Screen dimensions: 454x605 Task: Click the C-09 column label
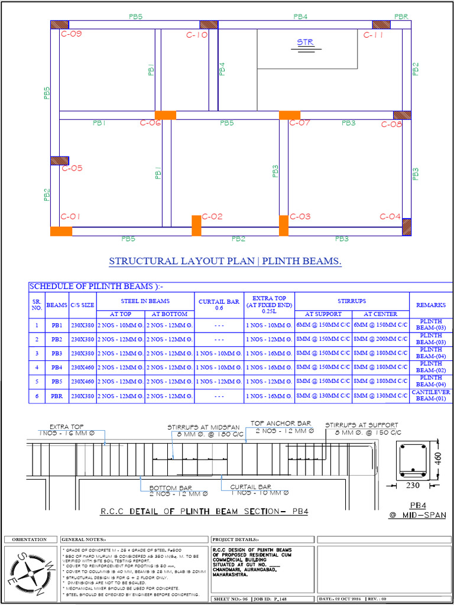(x=72, y=34)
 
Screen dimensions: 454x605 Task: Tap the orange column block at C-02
(x=196, y=226)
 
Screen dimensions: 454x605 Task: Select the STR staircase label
(x=305, y=43)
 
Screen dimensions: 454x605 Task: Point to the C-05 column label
(x=72, y=168)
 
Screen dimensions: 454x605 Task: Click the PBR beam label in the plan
(x=402, y=17)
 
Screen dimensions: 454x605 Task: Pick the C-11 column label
(x=374, y=35)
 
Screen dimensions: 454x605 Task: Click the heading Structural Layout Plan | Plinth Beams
(x=225, y=261)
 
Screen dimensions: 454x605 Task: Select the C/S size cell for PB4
(x=83, y=367)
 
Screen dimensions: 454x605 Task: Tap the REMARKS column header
(x=431, y=305)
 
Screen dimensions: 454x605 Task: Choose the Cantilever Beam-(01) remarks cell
(x=431, y=396)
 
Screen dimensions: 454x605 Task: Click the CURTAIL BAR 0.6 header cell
(x=219, y=305)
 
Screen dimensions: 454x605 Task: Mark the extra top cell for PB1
(x=269, y=326)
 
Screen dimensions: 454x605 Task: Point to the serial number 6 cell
(x=37, y=396)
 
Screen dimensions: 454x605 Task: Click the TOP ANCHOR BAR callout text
(x=281, y=424)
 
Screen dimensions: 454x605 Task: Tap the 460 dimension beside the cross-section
(x=437, y=458)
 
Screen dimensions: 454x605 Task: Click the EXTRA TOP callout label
(x=66, y=426)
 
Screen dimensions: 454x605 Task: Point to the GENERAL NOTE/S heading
(x=83, y=539)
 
